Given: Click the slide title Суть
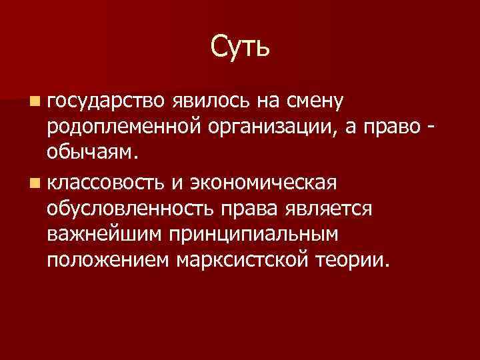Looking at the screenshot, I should (240, 47).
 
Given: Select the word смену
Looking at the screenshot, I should (313, 101).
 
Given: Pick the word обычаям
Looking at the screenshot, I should (93, 153).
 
